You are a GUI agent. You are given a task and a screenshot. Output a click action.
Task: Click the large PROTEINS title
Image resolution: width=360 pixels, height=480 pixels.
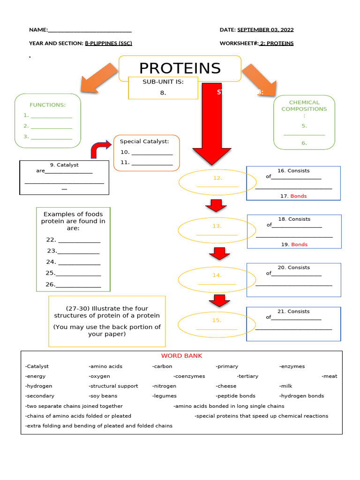click(x=180, y=68)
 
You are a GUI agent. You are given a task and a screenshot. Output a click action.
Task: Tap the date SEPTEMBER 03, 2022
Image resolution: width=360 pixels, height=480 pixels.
click(x=265, y=30)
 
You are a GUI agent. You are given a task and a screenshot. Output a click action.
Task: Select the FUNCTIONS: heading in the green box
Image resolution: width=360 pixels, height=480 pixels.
click(x=47, y=105)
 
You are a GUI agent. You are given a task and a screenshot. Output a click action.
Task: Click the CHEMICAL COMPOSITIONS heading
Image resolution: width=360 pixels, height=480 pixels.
click(x=304, y=105)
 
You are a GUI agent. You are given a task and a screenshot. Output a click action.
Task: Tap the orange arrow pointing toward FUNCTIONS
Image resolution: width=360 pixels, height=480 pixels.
click(x=99, y=77)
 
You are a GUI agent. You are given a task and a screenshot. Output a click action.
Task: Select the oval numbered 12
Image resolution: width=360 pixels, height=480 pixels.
click(x=217, y=182)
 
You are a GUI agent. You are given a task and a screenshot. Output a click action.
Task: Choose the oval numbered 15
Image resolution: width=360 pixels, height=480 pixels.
click(x=217, y=324)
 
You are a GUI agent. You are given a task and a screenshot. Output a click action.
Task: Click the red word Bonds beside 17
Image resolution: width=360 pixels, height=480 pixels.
click(x=299, y=196)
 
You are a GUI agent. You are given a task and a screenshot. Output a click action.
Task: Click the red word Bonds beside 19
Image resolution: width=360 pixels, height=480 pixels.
click(x=299, y=244)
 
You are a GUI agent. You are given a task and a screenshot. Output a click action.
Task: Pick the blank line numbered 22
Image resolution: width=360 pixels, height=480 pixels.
click(x=79, y=240)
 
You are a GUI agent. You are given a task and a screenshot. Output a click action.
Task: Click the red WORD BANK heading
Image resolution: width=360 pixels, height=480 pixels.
click(x=181, y=356)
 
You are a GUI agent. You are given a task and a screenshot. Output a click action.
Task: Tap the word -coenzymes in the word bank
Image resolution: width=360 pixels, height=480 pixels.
click(x=189, y=376)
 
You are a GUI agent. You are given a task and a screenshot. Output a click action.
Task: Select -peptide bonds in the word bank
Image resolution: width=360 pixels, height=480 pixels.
click(x=235, y=396)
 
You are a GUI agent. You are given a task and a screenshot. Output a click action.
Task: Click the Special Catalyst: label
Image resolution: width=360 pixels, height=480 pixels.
click(x=144, y=141)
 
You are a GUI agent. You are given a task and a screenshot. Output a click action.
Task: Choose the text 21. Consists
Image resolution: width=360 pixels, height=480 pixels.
click(x=293, y=311)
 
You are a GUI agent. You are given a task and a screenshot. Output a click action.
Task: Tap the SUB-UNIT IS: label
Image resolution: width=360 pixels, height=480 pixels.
click(x=163, y=82)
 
